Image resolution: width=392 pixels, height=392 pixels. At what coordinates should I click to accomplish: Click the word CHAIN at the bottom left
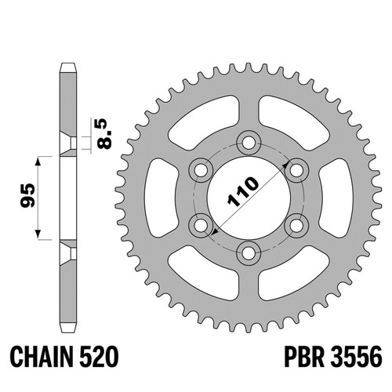click(42, 357)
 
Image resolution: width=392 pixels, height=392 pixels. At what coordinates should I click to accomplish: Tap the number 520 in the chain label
click(99, 357)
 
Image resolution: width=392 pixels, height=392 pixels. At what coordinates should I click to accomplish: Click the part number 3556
click(357, 357)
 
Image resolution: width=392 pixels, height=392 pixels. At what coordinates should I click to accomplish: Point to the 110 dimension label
click(243, 192)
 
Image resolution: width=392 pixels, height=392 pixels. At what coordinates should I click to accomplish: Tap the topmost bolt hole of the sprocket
click(249, 143)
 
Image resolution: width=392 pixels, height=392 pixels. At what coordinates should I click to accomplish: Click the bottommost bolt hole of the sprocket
click(249, 253)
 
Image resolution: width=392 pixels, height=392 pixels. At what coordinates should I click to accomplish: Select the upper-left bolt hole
click(201, 171)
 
